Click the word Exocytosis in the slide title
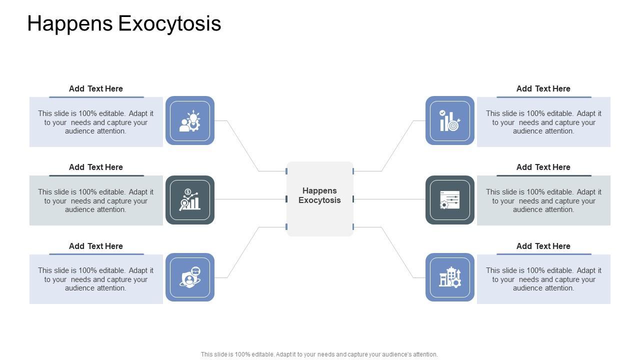coord(169,23)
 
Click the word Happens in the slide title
coord(70,23)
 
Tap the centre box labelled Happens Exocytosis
coord(319,199)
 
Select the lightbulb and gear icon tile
coord(190,120)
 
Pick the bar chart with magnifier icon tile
coord(190,199)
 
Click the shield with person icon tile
coord(190,277)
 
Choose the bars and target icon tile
coord(450,120)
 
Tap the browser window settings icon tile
coord(450,199)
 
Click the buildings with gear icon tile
coord(450,277)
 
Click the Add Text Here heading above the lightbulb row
coord(96,88)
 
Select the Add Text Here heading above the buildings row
coord(543,246)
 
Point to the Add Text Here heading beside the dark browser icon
coord(543,167)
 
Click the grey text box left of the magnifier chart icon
coord(96,200)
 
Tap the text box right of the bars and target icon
coord(543,122)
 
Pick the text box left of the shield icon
coord(96,279)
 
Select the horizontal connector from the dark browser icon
coord(389,199)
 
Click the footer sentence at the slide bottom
coord(319,354)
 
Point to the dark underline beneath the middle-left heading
coord(96,175)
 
